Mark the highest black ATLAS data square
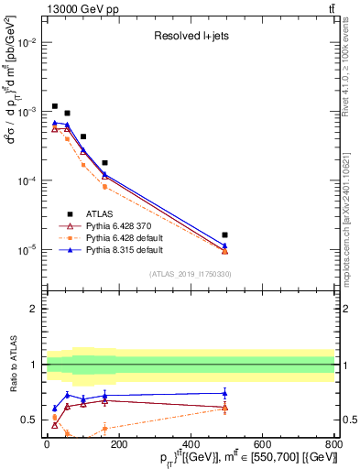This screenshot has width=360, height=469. click(x=55, y=106)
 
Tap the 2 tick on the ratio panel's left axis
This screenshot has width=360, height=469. click(x=36, y=309)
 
